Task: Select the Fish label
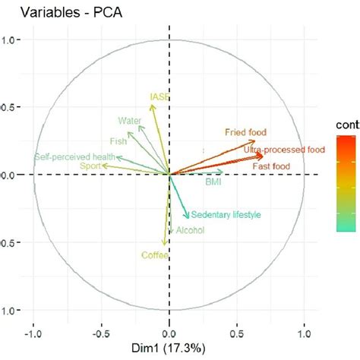(118, 141)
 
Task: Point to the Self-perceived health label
(74, 156)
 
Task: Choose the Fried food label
(245, 131)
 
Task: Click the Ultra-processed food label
(283, 150)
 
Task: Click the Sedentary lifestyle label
(226, 215)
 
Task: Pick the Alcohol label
(190, 230)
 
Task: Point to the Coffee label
(154, 255)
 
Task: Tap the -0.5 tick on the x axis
(100, 332)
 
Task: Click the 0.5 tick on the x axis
(237, 332)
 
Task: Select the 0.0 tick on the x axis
(169, 332)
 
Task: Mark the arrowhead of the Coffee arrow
(163, 244)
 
